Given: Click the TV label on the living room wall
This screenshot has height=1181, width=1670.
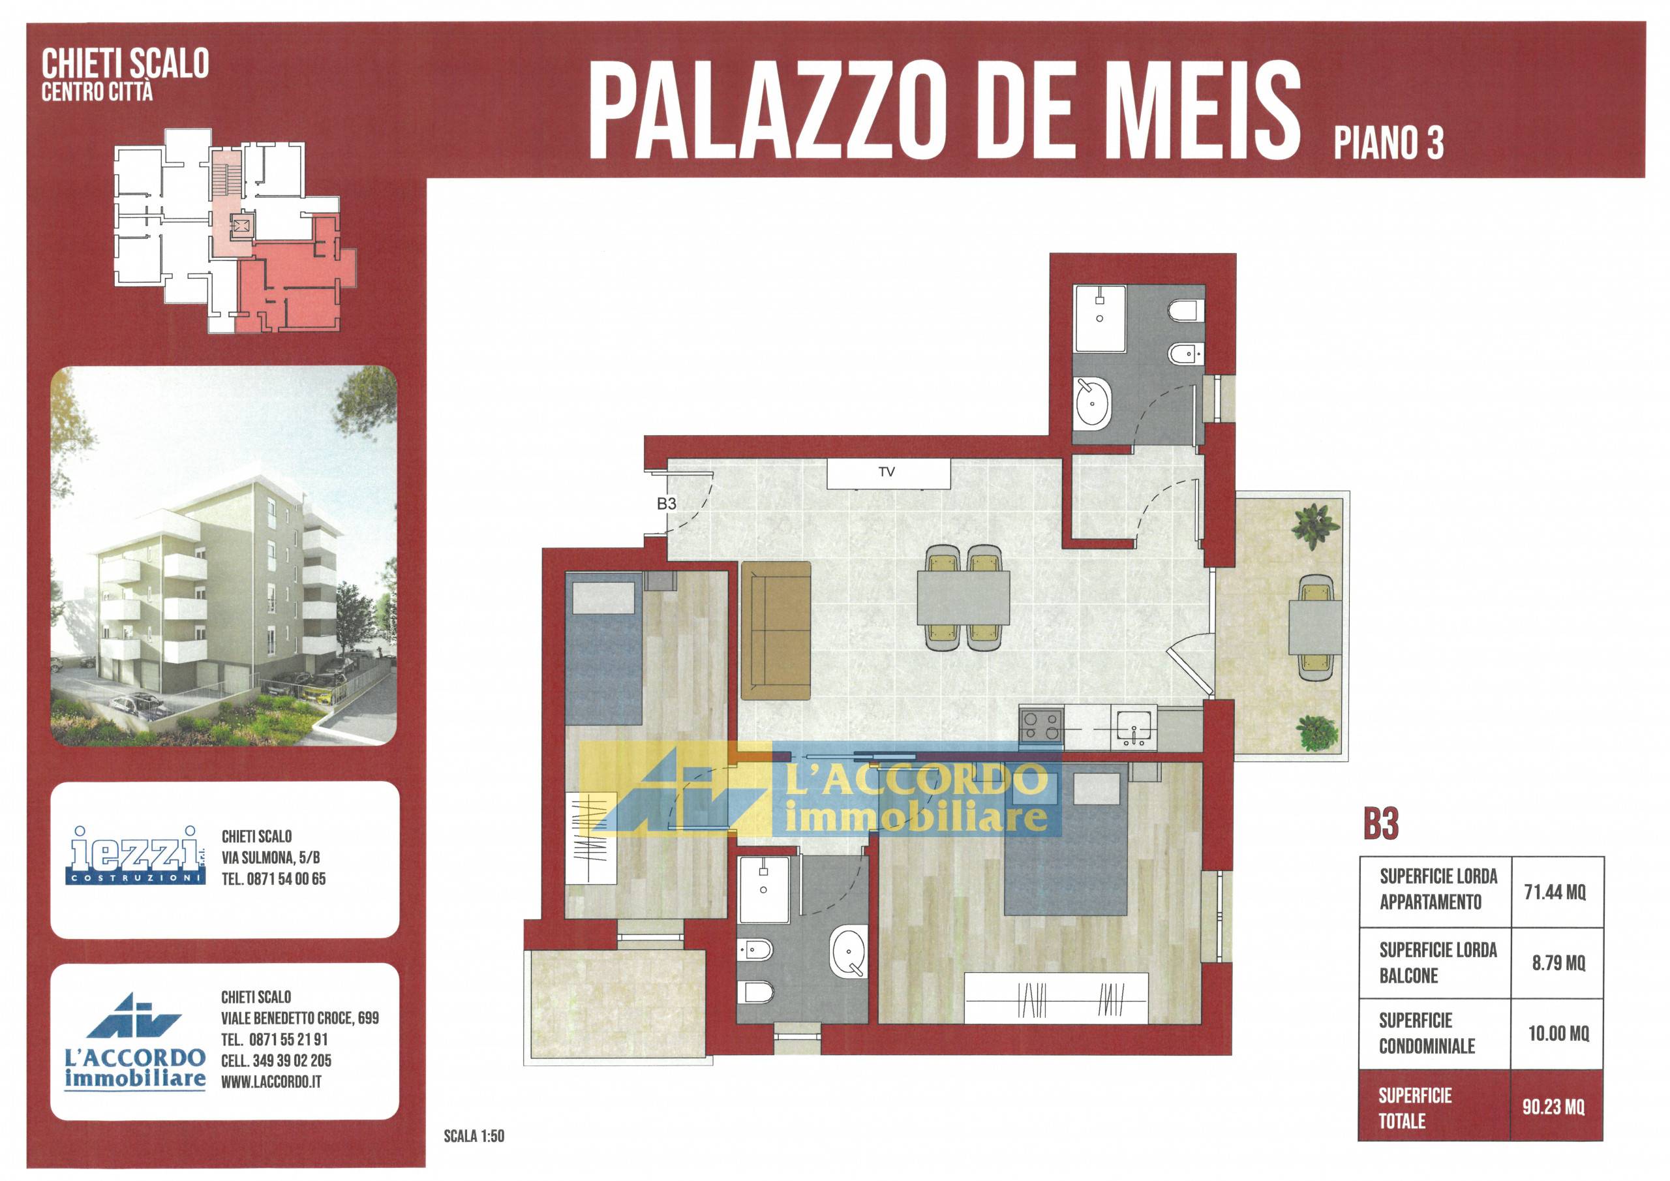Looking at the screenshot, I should pyautogui.click(x=886, y=472).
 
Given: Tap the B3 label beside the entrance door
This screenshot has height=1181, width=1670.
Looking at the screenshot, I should pyautogui.click(x=666, y=504).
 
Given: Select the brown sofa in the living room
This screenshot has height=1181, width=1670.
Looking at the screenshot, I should pyautogui.click(x=776, y=630).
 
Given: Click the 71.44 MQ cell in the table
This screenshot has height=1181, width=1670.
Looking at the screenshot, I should pyautogui.click(x=1556, y=892).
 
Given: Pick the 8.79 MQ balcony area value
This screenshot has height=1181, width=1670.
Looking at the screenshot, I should pyautogui.click(x=1558, y=964).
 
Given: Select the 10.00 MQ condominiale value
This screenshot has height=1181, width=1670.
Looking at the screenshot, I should pyautogui.click(x=1558, y=1034).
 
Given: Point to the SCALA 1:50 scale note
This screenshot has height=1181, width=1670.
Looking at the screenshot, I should pyautogui.click(x=474, y=1136).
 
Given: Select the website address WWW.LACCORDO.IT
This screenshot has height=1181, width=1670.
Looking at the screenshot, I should pyautogui.click(x=271, y=1082).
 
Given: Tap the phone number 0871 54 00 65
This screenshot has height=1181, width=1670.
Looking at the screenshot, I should pyautogui.click(x=286, y=879).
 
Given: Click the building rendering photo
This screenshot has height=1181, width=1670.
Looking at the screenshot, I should pyautogui.click(x=223, y=556).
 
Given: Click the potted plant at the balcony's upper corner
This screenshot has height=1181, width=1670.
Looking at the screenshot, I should pyautogui.click(x=1316, y=525).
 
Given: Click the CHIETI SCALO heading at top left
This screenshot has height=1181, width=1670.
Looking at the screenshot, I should pyautogui.click(x=125, y=63).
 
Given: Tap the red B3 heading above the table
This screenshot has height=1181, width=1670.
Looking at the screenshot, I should pyautogui.click(x=1381, y=825).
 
